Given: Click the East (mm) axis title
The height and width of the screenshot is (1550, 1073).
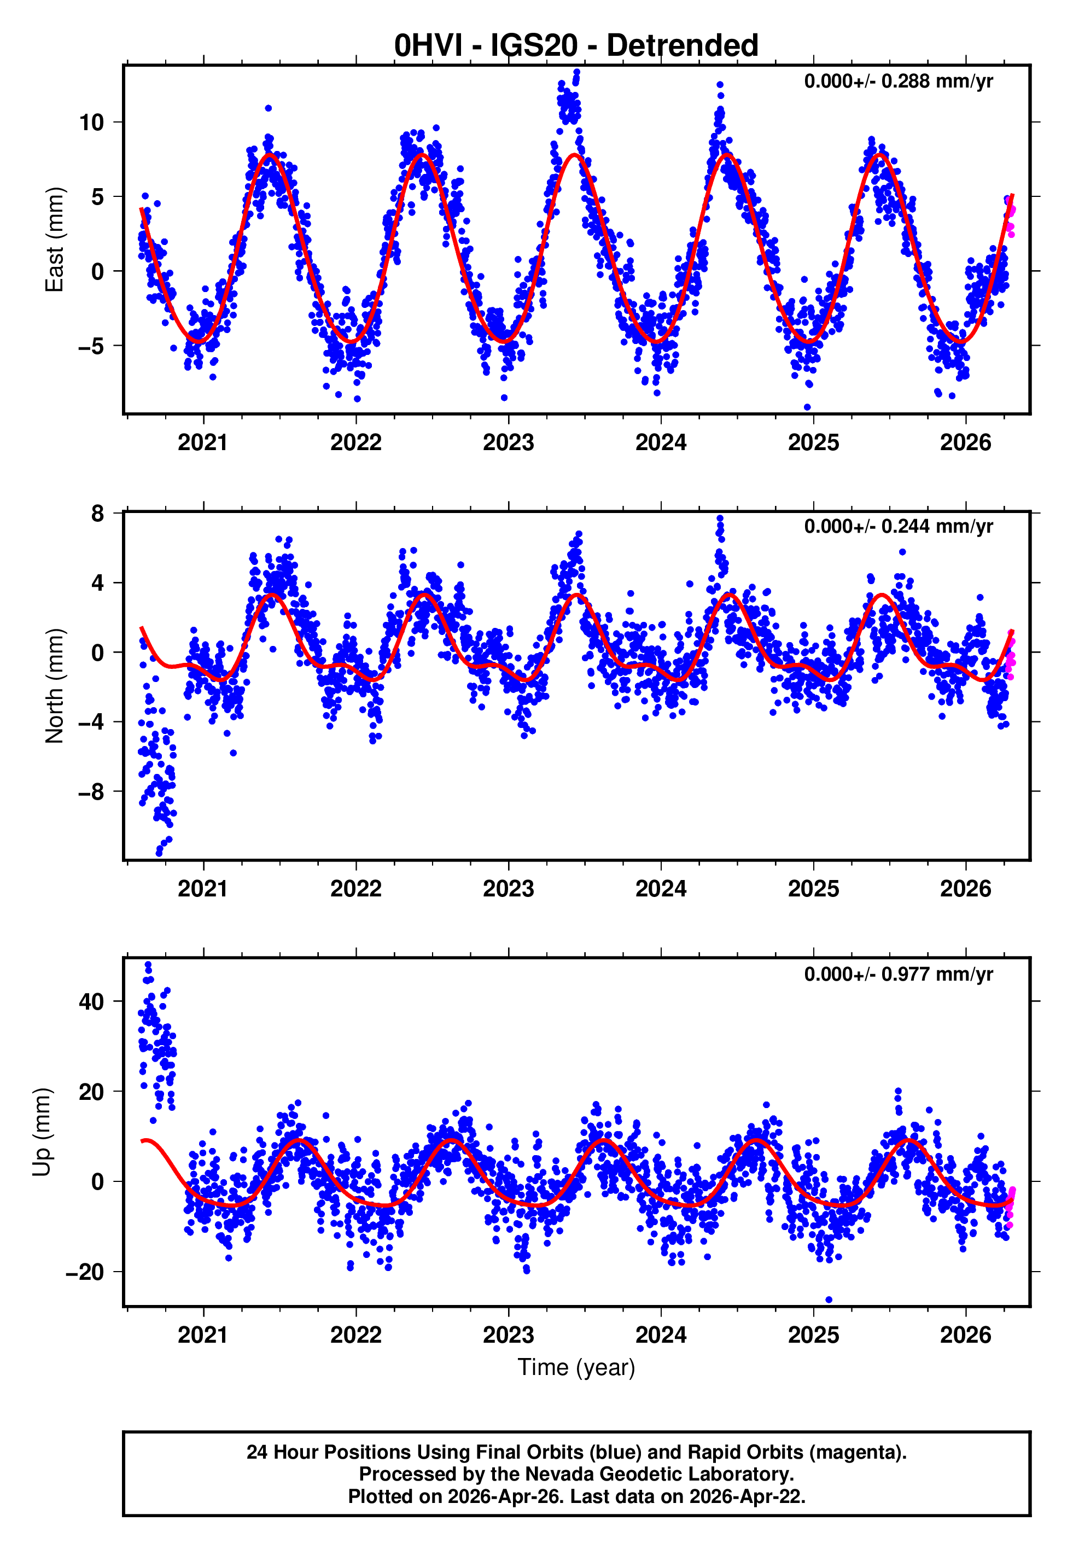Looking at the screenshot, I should pos(54,240).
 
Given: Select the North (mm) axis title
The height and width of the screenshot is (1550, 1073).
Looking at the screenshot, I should pos(54,686).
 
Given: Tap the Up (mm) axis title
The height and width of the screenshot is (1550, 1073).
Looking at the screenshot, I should pos(42,1132).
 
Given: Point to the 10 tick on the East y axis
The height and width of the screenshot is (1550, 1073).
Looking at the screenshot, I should pos(91,123).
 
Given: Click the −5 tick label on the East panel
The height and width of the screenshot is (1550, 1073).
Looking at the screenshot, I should pos(90,346).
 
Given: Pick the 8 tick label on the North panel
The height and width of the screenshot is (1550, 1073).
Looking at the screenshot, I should pos(97,514).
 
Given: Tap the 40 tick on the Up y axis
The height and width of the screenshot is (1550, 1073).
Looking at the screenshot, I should pos(91,1001).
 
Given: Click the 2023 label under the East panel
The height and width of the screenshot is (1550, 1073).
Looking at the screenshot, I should pos(508,442).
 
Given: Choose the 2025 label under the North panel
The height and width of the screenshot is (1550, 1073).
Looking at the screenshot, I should pos(813,889).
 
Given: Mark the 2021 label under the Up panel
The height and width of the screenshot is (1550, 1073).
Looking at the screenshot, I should pos(202,1335).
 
